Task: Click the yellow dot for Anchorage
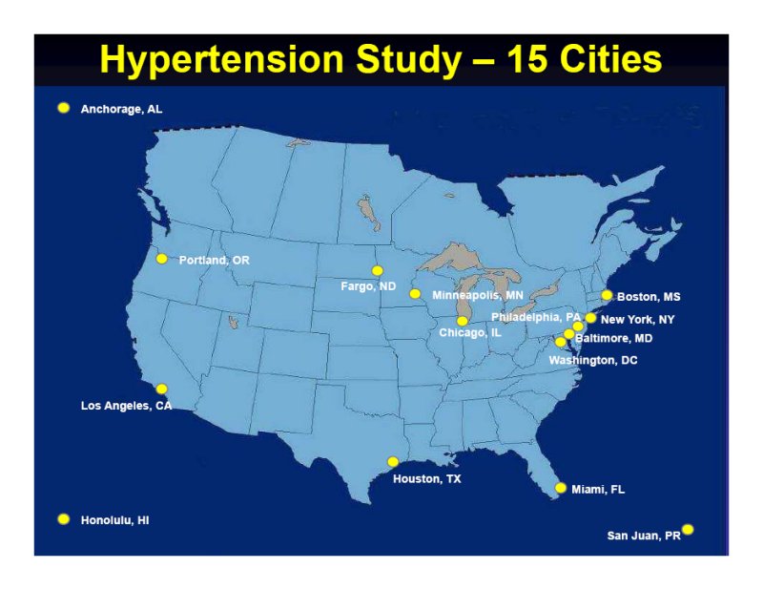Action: (x=64, y=108)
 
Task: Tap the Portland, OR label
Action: (x=214, y=261)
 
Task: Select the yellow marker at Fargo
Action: (x=377, y=271)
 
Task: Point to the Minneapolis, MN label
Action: (x=478, y=295)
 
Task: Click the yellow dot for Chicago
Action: (x=463, y=321)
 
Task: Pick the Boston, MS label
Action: (x=649, y=297)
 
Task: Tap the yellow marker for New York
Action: (x=590, y=318)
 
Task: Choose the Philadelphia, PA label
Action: (x=536, y=317)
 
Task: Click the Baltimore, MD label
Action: (x=614, y=338)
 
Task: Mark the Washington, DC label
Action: (x=593, y=361)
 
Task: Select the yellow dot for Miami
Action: (x=561, y=488)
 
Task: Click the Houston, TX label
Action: (x=426, y=479)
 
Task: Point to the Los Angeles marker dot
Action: (x=161, y=389)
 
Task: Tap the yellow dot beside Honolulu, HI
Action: (x=64, y=518)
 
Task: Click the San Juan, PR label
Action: (x=644, y=536)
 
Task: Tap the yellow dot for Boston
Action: (x=607, y=295)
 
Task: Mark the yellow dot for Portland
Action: (x=161, y=259)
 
